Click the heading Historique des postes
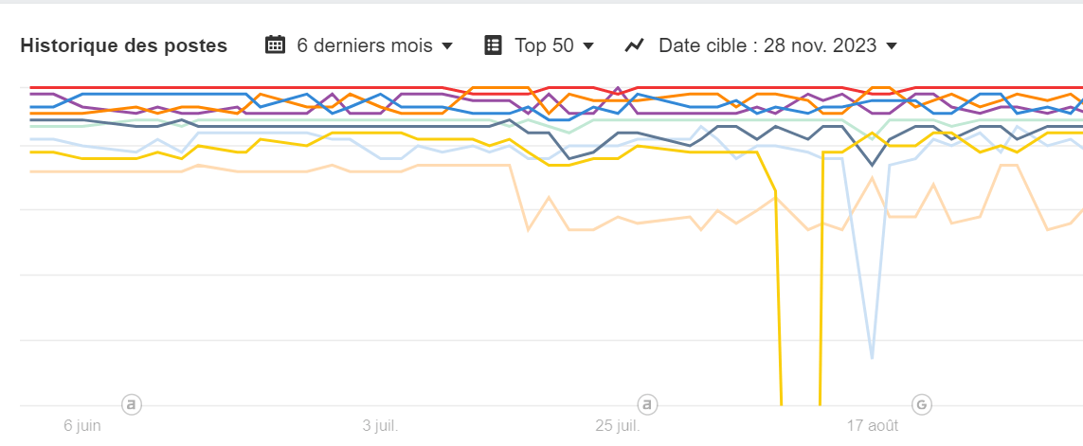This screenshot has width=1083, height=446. click(123, 45)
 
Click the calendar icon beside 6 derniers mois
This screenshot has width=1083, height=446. click(275, 45)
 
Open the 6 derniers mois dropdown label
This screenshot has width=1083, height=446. click(365, 45)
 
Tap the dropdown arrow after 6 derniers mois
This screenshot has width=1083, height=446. click(447, 45)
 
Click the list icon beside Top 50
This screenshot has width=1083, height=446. click(493, 45)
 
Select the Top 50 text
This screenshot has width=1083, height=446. click(544, 45)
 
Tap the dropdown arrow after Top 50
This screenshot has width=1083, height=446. click(588, 45)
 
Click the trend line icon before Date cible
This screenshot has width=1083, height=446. click(635, 45)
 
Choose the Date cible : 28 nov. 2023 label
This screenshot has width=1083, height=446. click(767, 45)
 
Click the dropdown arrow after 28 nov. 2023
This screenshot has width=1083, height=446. click(892, 45)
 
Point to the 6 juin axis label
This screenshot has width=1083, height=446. click(82, 426)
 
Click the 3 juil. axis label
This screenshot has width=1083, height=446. click(381, 426)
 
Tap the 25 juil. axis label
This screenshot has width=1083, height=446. click(617, 426)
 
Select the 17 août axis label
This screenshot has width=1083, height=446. click(873, 426)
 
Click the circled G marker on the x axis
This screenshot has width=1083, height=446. click(921, 405)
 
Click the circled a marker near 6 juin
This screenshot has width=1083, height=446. click(132, 405)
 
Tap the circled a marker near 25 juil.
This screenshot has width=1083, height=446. click(648, 405)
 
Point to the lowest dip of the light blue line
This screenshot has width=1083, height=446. click(872, 358)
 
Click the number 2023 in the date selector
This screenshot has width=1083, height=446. click(856, 45)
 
